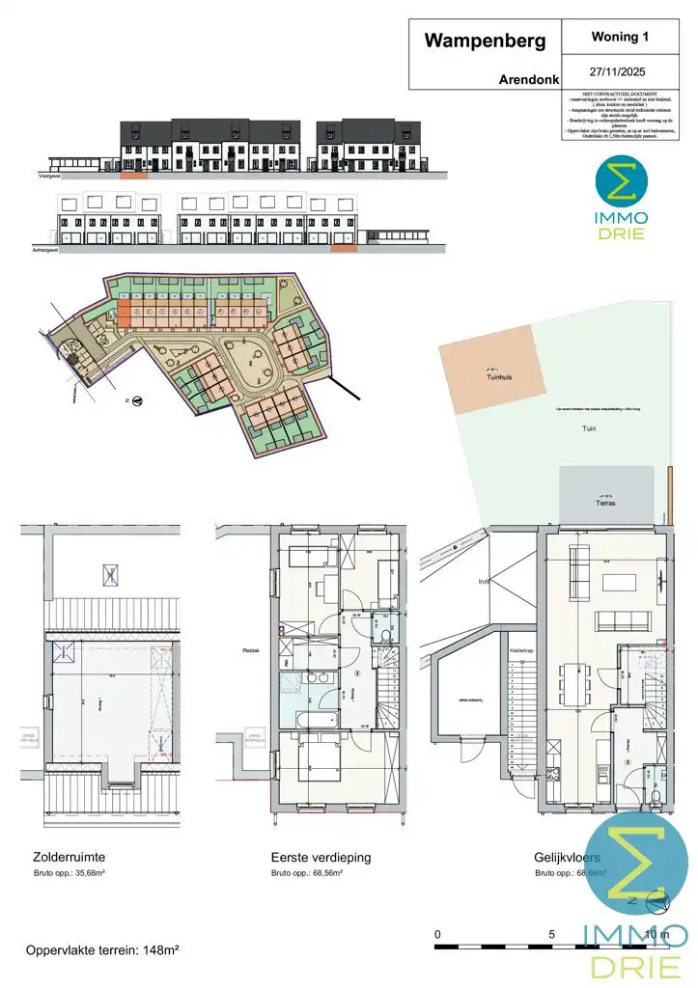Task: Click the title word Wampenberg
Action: [485, 41]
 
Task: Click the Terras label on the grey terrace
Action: [606, 504]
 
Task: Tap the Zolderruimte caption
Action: [69, 857]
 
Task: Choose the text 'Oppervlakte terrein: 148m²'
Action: [102, 950]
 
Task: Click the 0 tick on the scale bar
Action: [437, 934]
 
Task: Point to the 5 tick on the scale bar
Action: [551, 934]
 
